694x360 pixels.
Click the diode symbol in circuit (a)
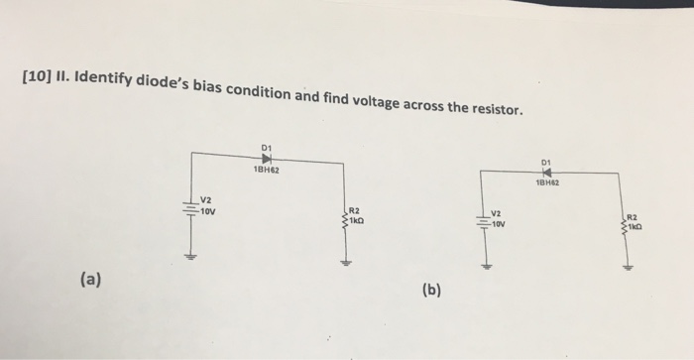pyautogui.click(x=267, y=159)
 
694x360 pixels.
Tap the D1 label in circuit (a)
pyautogui.click(x=266, y=148)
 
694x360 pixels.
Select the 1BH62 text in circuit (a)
pyautogui.click(x=266, y=171)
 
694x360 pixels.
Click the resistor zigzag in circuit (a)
pyautogui.click(x=344, y=215)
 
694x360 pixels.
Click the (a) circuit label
pyautogui.click(x=89, y=280)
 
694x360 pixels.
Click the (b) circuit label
pyautogui.click(x=431, y=291)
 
